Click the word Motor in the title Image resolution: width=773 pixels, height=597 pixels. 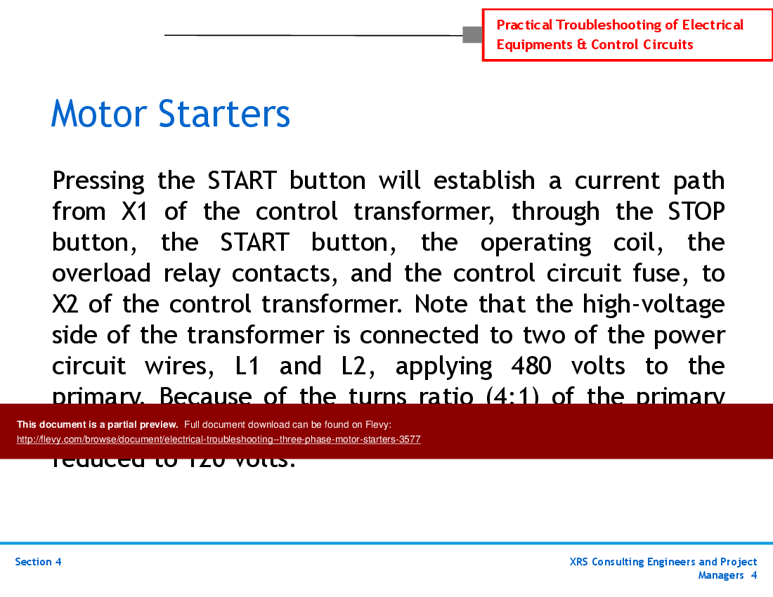99,114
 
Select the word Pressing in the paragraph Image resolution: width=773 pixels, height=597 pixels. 98,181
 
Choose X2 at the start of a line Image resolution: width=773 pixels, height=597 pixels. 67,304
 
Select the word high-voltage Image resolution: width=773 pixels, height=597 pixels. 654,304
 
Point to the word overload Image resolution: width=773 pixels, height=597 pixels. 101,273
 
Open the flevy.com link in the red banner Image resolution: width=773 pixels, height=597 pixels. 219,440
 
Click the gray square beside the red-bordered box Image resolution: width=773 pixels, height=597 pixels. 472,34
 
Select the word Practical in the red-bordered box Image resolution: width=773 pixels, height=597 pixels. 524,25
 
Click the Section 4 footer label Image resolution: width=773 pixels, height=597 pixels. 38,562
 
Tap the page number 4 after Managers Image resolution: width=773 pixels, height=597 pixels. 753,575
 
